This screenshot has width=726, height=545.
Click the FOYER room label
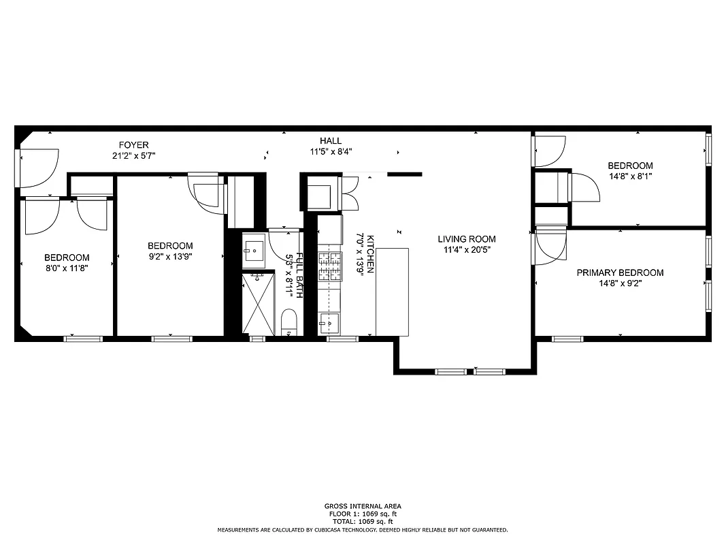coord(133,145)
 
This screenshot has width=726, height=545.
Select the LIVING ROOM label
coord(466,239)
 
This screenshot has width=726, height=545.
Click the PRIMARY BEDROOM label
coord(620,272)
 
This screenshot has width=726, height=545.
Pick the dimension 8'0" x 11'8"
coord(67,268)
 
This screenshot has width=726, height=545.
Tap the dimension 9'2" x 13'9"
coord(170,257)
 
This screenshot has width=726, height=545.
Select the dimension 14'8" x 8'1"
coord(630,176)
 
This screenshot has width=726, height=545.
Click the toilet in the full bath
coord(289,321)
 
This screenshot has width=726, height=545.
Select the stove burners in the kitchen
coord(330,266)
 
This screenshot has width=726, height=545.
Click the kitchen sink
coord(329,322)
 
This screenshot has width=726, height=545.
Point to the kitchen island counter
coord(392,292)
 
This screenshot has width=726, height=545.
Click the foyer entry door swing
coord(35,168)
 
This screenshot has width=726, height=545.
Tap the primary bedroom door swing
coord(550,245)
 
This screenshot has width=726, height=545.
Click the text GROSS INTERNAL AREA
coord(362,506)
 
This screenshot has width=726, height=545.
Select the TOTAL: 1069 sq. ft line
coord(362,521)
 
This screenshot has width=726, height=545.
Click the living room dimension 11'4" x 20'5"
coord(466,250)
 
